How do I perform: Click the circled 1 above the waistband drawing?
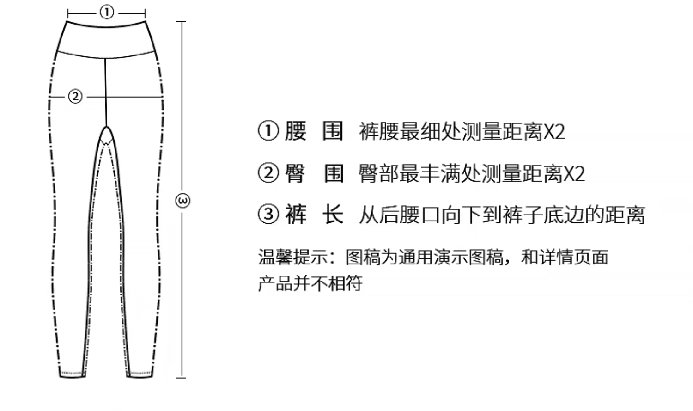107,12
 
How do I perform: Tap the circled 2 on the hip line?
75,97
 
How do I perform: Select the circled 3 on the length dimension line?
183,201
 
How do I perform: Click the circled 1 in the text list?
268,131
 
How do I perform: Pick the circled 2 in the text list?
268,173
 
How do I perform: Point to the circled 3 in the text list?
268,215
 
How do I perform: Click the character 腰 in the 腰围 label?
296,131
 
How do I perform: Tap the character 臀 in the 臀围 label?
296,173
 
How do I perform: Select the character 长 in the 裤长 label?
333,215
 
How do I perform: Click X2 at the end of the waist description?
554,132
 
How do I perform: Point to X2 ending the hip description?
574,174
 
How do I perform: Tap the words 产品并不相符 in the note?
310,283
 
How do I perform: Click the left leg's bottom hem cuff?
73,373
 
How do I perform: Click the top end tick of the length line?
181,22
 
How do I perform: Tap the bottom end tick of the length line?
181,378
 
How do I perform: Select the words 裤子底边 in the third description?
533,215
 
